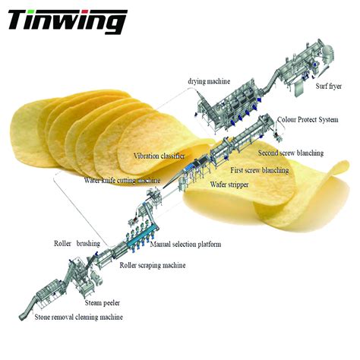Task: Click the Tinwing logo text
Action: pyautogui.click(x=67, y=21)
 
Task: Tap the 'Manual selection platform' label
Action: pyautogui.click(x=185, y=245)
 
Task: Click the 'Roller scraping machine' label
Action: pyautogui.click(x=153, y=265)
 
